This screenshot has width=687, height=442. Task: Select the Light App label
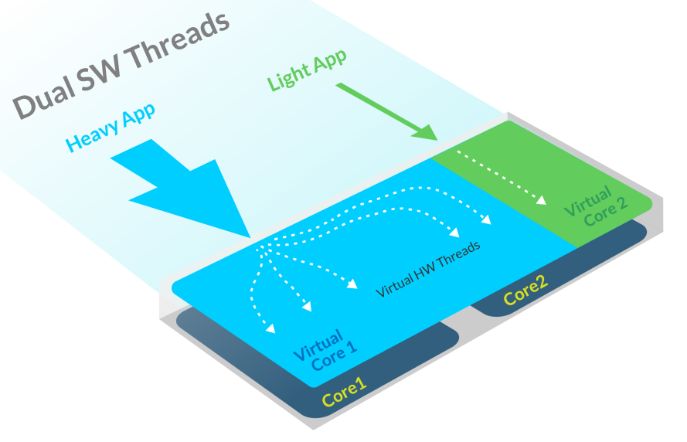[x=306, y=70]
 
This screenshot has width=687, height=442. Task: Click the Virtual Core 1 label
[x=325, y=352]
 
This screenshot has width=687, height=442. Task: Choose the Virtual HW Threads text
[x=428, y=270]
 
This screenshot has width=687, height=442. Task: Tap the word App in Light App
[x=328, y=62]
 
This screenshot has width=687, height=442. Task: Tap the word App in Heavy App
[x=138, y=115]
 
